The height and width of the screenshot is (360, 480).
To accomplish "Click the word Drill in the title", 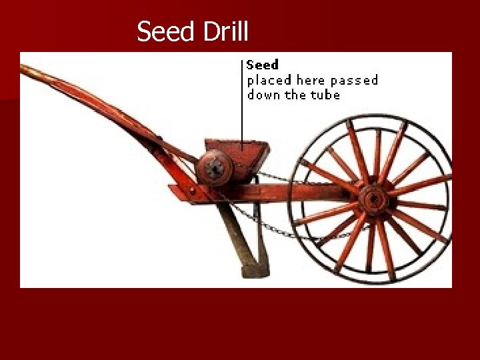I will tap(224, 31).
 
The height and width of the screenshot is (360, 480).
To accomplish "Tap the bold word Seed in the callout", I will tap(262, 65).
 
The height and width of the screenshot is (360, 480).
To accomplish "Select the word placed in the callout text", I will tap(269, 81).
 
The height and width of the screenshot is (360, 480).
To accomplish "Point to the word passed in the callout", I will tap(354, 81).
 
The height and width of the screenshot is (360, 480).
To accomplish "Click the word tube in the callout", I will tap(327, 95).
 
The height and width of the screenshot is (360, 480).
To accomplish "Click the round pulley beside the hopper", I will tap(214, 167).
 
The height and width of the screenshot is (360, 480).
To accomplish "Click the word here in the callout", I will tap(310, 81).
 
